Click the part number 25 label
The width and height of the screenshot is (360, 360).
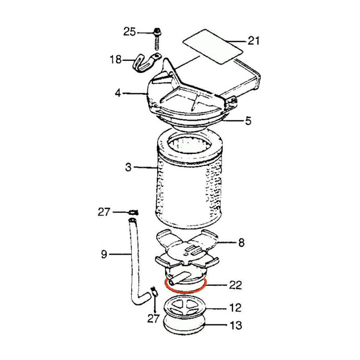pos(130,32)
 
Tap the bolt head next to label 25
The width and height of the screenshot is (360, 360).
pos(157,32)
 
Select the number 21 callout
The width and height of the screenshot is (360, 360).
pos(253,41)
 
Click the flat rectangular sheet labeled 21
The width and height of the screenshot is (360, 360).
pos(213,47)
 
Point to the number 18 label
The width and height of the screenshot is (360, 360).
pos(116,60)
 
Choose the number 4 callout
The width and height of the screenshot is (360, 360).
pos(118,93)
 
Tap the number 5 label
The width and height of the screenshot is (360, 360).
pos(248,120)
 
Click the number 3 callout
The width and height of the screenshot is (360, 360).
pos(128,167)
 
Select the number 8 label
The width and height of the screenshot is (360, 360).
pos(241,242)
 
